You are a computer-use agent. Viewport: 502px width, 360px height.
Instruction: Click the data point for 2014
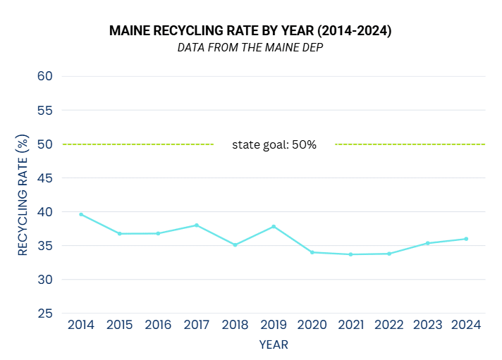tap(81, 214)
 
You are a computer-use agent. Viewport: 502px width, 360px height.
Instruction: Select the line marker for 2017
tap(197, 225)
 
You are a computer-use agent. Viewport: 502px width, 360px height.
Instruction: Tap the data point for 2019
tap(274, 227)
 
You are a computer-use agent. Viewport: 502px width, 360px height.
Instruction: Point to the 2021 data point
tap(350, 254)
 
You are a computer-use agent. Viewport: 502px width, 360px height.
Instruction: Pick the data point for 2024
tap(466, 239)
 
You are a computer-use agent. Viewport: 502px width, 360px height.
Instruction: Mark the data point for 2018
tap(235, 245)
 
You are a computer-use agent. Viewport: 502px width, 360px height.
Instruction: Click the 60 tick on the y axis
tap(46, 76)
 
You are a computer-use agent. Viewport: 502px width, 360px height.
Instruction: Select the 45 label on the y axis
tap(46, 178)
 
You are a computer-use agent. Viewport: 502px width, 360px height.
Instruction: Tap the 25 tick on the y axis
tap(46, 314)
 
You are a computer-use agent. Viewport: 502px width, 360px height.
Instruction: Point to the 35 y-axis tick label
tap(46, 246)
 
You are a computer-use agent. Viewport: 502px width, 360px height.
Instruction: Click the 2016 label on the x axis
tap(158, 325)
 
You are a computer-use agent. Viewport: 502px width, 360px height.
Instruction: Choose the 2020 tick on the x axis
tap(312, 325)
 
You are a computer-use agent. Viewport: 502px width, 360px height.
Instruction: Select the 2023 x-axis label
tap(428, 325)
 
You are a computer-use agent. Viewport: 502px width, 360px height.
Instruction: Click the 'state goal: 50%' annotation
tap(274, 144)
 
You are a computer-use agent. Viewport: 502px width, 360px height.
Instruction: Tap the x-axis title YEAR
tap(274, 345)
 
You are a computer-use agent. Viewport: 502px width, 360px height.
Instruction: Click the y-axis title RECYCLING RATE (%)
tap(23, 195)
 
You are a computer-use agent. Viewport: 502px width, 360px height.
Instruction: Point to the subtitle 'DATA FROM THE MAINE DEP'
tap(250, 48)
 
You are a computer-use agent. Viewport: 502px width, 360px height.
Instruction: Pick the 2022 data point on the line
tap(389, 254)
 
